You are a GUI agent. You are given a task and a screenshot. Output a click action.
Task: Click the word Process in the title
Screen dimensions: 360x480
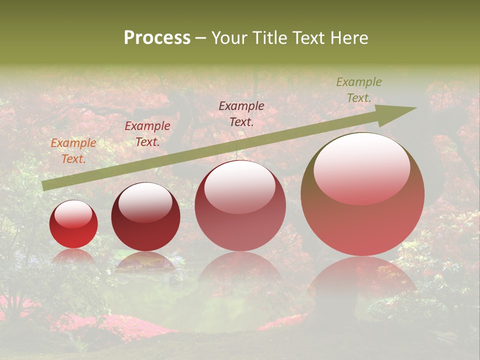click(x=157, y=38)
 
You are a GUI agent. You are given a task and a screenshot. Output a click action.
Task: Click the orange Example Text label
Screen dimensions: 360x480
click(x=73, y=150)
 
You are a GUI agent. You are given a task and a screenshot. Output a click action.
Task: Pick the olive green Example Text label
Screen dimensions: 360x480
click(x=358, y=90)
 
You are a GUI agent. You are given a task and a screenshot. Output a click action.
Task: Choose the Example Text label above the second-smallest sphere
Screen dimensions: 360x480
click(x=147, y=133)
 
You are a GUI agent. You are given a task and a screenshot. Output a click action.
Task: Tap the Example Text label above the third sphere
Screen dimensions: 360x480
click(x=241, y=113)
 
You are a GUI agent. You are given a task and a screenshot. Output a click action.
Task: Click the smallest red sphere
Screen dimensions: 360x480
click(x=73, y=224)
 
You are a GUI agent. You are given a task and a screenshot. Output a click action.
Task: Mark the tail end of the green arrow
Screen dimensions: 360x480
click(x=45, y=185)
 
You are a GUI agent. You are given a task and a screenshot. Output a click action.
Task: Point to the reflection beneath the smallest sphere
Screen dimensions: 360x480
click(x=73, y=256)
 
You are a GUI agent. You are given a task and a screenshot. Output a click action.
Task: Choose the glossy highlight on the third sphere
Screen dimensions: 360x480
click(x=240, y=186)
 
